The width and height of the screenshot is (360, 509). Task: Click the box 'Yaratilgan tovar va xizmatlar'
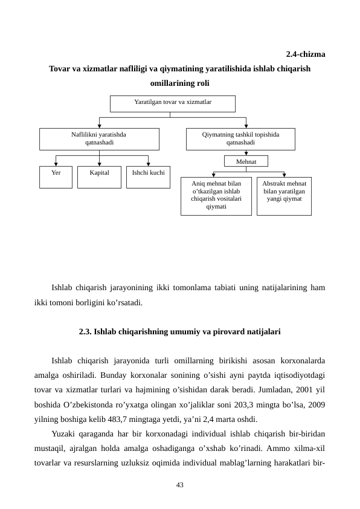172,103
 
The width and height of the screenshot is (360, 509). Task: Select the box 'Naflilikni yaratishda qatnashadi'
99,138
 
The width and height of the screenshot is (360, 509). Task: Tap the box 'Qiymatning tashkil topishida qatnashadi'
240,138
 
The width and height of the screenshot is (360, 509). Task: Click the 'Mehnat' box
246,161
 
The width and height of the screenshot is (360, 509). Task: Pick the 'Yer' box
56,177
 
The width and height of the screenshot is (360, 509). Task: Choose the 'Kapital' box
99,177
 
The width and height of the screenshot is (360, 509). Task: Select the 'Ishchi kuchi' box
148,177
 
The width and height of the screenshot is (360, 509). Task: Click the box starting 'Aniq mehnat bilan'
216,195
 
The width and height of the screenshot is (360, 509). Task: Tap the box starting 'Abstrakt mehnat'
284,195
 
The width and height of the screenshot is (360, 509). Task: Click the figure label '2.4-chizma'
305,54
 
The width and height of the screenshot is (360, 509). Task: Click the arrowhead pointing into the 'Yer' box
56,164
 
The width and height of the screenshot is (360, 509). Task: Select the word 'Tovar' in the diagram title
59,69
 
